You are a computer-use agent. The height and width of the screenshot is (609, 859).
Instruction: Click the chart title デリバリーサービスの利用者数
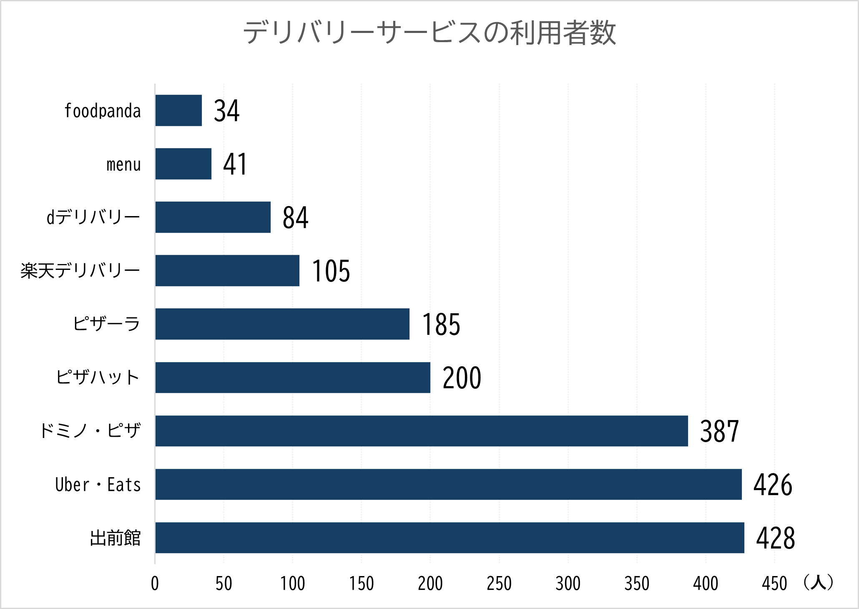coord(429,33)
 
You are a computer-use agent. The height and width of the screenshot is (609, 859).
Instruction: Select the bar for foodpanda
coord(178,111)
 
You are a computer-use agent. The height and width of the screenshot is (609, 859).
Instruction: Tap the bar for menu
coord(183,164)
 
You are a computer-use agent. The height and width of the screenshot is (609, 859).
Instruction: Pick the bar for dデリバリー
coord(213,217)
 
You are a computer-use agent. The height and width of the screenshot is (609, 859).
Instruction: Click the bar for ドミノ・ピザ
coord(421,431)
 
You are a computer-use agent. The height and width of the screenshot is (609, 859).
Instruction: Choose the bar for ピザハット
coord(293,377)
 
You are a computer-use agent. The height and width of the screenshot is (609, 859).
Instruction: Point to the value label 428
coord(776,538)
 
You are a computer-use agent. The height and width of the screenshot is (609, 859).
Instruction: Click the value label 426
coord(773,485)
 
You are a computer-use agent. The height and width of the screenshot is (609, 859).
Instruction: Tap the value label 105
coord(331,271)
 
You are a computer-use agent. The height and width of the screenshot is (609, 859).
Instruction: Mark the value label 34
coord(226,111)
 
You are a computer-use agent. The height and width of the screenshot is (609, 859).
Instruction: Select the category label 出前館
coord(116,538)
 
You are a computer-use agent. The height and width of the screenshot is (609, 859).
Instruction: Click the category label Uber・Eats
coord(98,485)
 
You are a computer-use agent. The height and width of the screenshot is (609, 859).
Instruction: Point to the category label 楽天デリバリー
coord(80,271)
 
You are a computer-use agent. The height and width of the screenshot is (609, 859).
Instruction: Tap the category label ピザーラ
coord(106,324)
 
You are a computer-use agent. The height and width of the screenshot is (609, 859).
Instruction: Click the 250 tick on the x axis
coord(499,584)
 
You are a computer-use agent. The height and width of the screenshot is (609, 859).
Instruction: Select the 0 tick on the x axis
coord(155,584)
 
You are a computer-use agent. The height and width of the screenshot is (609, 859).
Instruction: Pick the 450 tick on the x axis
coord(774,584)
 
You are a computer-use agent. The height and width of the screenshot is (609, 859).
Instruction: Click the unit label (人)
coord(818,582)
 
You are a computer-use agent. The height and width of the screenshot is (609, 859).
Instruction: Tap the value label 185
coord(441,325)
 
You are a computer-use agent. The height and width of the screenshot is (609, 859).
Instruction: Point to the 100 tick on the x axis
coord(292,584)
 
